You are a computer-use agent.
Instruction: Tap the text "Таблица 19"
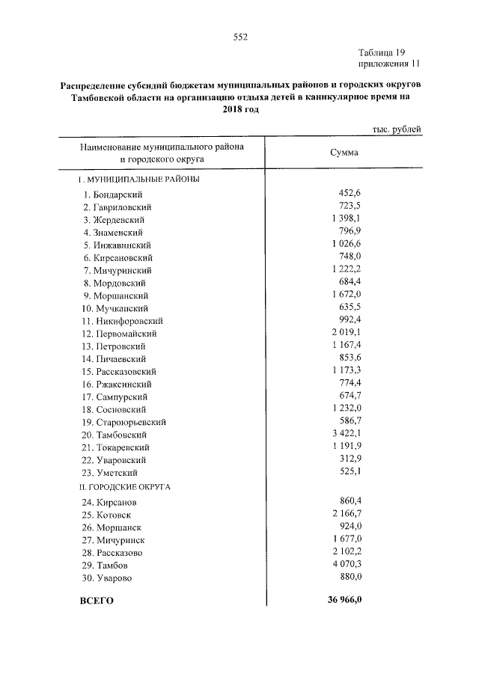pos(382,52)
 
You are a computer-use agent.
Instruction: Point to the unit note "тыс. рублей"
pos(397,129)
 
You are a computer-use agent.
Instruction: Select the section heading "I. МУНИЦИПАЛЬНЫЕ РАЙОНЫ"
pos(139,180)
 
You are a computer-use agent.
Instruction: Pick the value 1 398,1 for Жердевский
pos(347,219)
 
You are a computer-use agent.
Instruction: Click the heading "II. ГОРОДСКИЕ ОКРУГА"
pos(125,486)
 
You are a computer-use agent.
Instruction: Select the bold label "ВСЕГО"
pos(96,601)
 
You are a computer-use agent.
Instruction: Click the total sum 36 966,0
pos(344,600)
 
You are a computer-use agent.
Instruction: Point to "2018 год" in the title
pos(240,108)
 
